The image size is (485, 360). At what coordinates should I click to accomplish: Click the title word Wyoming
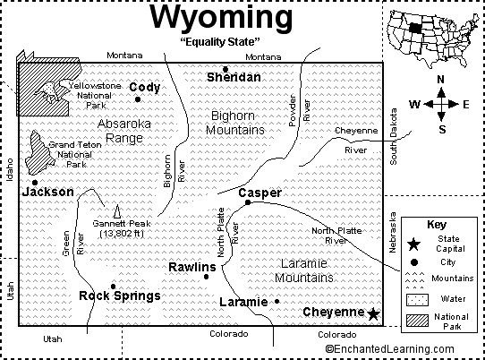click(x=222, y=19)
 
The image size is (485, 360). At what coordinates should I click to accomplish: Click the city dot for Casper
click(x=248, y=202)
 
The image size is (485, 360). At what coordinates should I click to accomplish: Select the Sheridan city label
click(x=234, y=78)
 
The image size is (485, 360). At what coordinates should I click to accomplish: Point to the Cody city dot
click(x=138, y=99)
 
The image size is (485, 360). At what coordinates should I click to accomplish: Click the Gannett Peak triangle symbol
click(x=115, y=210)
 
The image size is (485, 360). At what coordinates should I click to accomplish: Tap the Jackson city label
click(x=47, y=192)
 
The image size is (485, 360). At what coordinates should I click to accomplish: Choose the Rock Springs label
click(x=120, y=296)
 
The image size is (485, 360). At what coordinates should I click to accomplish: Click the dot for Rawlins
click(x=206, y=277)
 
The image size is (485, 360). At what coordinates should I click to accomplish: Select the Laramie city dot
click(x=277, y=301)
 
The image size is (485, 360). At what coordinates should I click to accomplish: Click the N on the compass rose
click(x=440, y=80)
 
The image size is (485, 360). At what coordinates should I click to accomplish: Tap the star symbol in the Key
click(x=413, y=243)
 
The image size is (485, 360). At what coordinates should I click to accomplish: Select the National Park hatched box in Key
click(x=413, y=321)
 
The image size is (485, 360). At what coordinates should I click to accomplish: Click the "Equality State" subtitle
click(x=221, y=42)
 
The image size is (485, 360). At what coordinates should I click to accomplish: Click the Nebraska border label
click(x=392, y=234)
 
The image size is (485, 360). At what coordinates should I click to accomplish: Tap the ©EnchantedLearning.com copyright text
click(x=404, y=347)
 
